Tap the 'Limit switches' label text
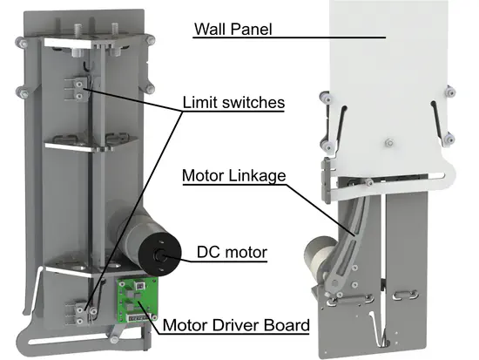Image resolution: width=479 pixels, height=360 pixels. (x=233, y=102)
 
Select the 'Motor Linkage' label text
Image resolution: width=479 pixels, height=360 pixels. (x=234, y=175)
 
